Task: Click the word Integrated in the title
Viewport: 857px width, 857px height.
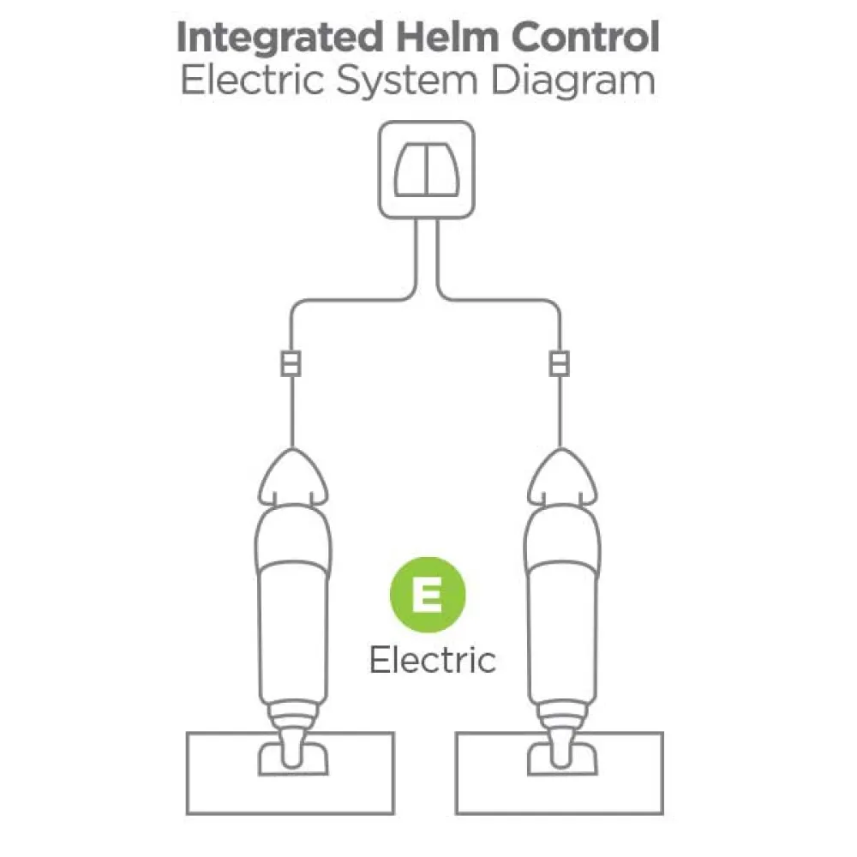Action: point(279,39)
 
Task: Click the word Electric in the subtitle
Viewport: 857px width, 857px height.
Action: point(252,81)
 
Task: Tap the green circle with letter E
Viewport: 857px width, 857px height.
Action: point(428,595)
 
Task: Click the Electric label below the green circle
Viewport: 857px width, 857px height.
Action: point(432,660)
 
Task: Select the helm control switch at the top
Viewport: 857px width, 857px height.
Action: point(426,170)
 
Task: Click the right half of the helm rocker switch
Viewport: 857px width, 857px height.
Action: point(442,170)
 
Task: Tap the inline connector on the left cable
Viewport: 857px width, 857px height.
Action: point(291,363)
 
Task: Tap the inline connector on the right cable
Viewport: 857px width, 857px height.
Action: point(559,363)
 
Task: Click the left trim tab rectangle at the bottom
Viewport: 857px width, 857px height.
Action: point(291,773)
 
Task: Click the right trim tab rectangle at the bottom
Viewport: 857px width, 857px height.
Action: point(559,773)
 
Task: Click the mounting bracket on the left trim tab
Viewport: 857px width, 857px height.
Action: point(293,758)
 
